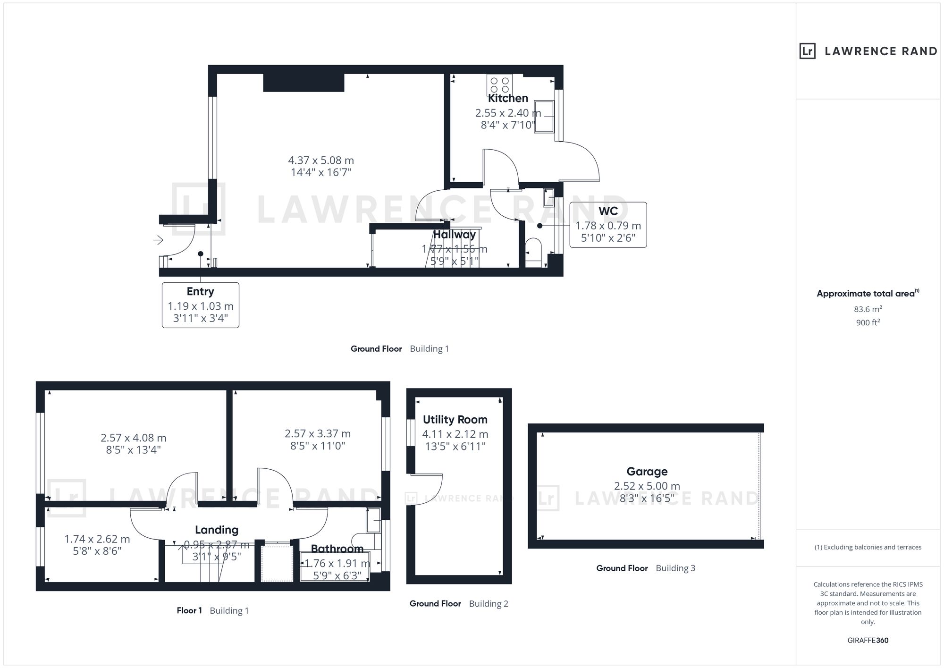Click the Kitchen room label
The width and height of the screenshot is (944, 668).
click(x=508, y=98)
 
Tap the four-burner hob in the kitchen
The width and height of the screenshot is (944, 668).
click(x=499, y=85)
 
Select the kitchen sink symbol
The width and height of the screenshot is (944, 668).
click(x=545, y=117)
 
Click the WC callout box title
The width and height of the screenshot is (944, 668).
click(x=608, y=211)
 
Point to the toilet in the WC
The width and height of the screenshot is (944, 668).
click(x=533, y=253)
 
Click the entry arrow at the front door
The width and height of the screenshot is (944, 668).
click(x=158, y=240)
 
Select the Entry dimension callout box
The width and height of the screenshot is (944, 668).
click(x=201, y=305)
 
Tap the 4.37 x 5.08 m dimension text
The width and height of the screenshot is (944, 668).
click(x=321, y=161)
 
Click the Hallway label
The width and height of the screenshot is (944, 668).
click(x=455, y=234)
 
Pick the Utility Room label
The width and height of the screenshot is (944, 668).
click(x=455, y=420)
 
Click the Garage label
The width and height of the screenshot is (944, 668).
click(x=647, y=471)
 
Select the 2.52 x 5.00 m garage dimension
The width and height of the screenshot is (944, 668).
click(x=647, y=486)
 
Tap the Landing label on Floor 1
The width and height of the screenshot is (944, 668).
click(x=217, y=530)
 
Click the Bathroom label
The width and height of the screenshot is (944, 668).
click(x=337, y=549)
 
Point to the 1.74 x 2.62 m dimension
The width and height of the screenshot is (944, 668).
click(x=97, y=539)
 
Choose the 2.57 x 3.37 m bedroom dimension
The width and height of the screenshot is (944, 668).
click(x=318, y=433)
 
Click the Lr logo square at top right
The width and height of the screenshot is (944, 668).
click(x=808, y=51)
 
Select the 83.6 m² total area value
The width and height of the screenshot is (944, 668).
click(x=868, y=309)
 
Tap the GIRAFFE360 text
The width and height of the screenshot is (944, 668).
click(x=868, y=641)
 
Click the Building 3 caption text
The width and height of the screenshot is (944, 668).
click(x=675, y=568)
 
